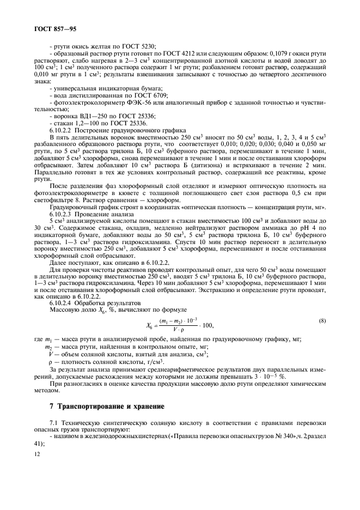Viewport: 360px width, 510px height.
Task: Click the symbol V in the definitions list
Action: [51, 354]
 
